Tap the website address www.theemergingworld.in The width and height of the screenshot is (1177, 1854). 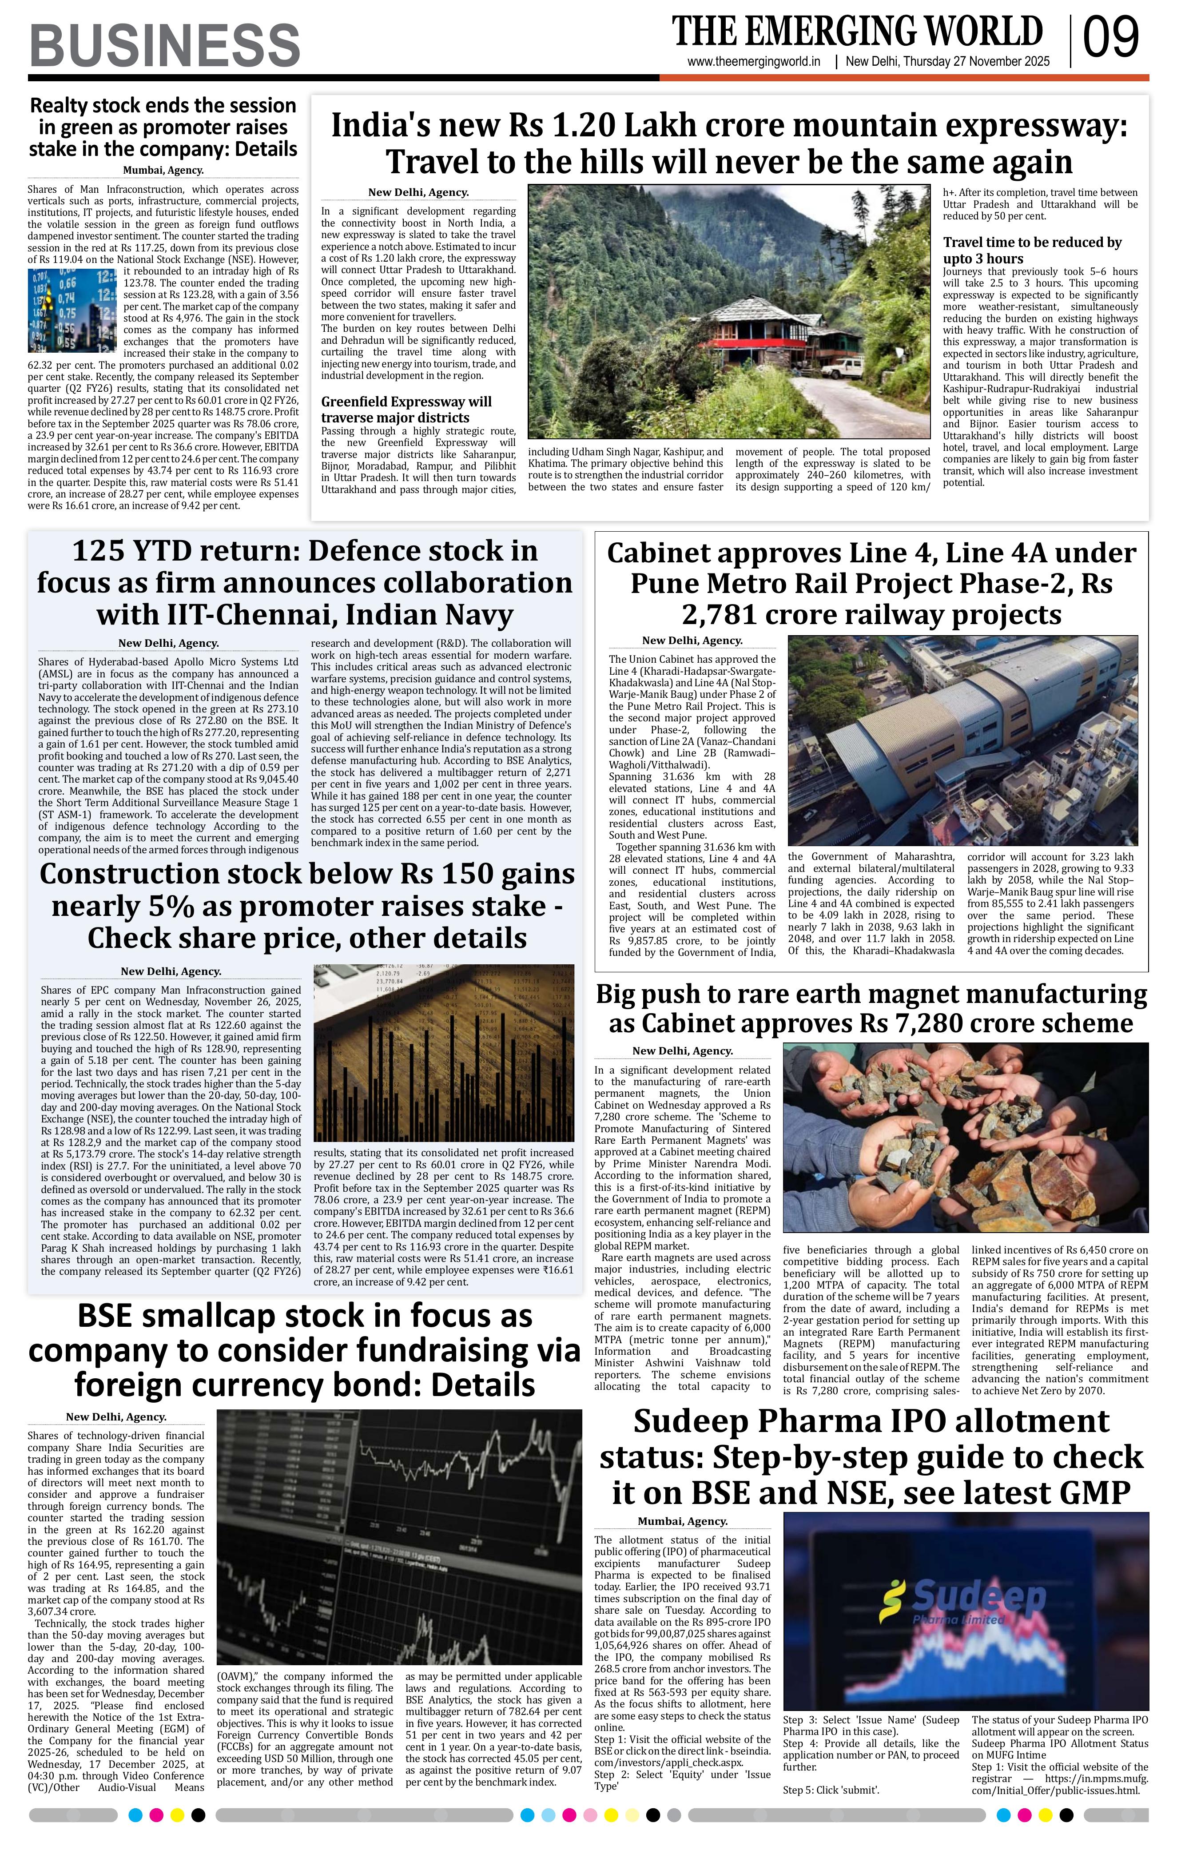click(754, 62)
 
